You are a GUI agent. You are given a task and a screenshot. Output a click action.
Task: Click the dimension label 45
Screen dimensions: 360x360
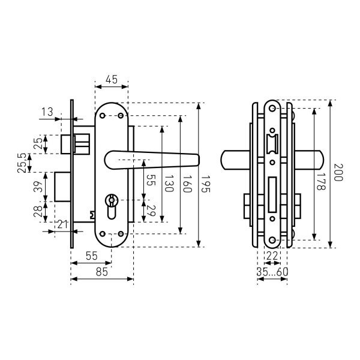click(111, 79)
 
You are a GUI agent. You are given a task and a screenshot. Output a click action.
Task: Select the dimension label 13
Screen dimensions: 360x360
click(48, 111)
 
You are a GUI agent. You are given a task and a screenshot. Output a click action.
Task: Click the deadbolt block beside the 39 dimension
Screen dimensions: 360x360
click(63, 186)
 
